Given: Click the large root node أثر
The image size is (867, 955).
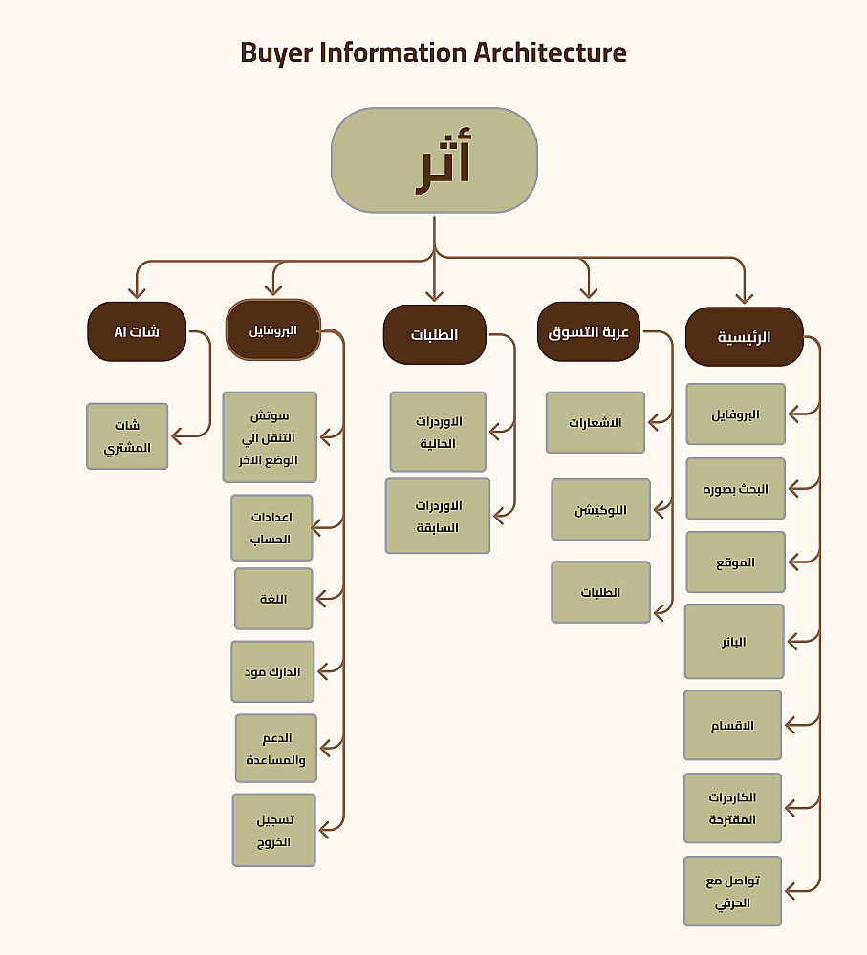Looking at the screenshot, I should (434, 160).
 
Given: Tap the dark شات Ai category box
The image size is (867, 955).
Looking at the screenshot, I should (137, 332).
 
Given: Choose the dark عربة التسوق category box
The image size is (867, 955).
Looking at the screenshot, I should (588, 332).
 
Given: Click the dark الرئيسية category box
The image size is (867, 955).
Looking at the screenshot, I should (744, 337).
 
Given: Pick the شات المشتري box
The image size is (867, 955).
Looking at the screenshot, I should (127, 436).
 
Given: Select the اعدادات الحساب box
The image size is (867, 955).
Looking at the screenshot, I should (271, 528).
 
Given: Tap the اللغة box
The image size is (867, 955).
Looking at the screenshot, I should (273, 599).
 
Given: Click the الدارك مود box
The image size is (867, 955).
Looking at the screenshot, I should (272, 672).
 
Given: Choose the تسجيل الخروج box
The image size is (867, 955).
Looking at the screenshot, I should (273, 831).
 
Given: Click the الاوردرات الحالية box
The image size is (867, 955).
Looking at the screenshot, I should (438, 432).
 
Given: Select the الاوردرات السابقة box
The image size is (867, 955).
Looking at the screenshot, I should (438, 516).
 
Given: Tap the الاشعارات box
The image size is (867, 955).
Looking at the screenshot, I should (596, 422).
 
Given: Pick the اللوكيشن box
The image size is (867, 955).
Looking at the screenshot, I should (600, 510).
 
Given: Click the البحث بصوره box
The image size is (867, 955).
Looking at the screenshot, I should (735, 489).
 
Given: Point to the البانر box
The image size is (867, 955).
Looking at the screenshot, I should (734, 642).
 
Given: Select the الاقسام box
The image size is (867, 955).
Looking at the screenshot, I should (733, 726).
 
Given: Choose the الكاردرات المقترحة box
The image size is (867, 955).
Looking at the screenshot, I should (733, 809).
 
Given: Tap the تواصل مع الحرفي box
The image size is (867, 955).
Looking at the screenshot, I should (733, 892).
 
